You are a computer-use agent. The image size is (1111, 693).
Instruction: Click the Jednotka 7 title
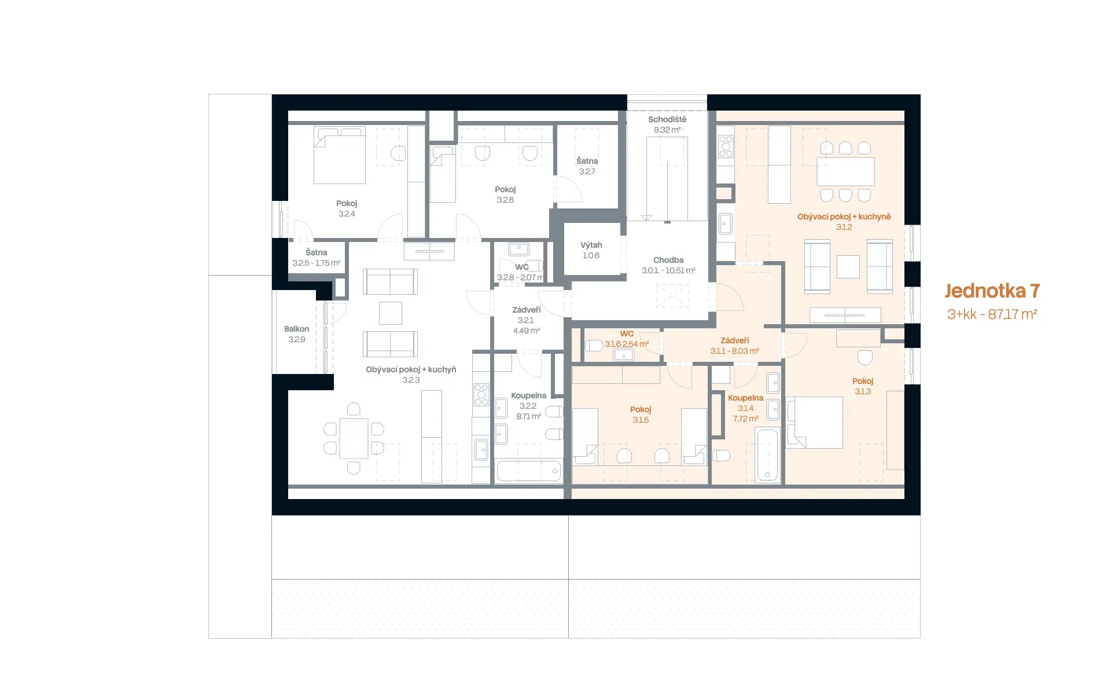[992, 291]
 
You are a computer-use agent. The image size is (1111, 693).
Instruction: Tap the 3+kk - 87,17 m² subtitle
[992, 314]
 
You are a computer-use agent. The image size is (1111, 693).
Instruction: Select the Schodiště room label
[667, 124]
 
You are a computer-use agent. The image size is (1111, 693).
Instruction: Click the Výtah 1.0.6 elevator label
[591, 250]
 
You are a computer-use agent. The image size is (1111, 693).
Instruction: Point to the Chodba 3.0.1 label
[668, 265]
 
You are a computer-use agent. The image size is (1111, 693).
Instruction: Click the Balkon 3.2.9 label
[296, 334]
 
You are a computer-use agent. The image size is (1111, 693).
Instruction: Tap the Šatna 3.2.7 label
[587, 166]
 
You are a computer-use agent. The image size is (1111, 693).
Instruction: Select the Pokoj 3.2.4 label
[347, 208]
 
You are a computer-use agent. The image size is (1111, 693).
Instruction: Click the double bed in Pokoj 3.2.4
[340, 155]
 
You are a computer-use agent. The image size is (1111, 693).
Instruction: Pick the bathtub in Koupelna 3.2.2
[529, 471]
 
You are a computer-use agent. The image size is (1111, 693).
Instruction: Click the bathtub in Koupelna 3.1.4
[768, 454]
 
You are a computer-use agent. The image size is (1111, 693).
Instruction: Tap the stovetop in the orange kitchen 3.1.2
[726, 146]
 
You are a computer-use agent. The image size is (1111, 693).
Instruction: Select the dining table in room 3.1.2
[845, 171]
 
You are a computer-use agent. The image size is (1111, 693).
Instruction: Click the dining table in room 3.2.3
[354, 438]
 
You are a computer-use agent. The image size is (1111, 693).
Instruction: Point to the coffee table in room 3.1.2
[848, 267]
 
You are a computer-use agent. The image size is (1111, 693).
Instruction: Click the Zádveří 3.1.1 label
[735, 346]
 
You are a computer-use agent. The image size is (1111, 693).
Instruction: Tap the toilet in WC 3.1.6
[594, 346]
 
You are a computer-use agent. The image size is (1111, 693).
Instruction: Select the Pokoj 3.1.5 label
[641, 415]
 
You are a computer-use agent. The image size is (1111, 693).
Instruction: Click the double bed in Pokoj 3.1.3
[815, 423]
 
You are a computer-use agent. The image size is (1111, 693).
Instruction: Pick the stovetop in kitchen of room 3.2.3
[481, 395]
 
